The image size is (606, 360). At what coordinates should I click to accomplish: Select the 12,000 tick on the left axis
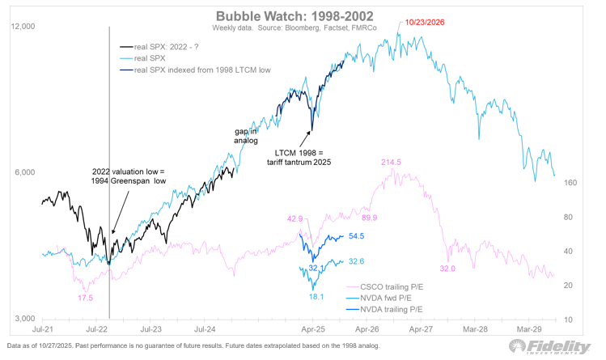[x=23, y=27]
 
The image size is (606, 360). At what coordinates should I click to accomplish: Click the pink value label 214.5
[x=392, y=163]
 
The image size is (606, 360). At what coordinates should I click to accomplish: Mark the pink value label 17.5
[x=84, y=298]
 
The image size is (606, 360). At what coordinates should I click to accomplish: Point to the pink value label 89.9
[x=370, y=218]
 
